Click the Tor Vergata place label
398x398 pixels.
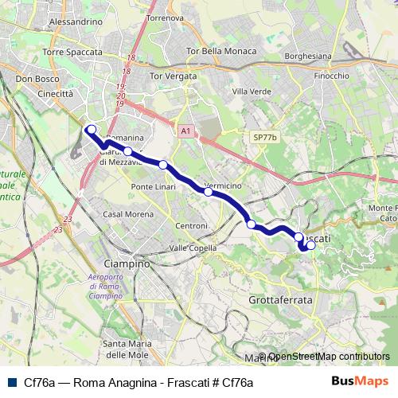[x=173, y=76]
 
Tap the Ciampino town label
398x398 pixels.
[x=127, y=263]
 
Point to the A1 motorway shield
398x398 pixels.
[x=185, y=130]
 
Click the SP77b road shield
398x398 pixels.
[x=264, y=137]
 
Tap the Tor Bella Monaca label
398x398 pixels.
[x=220, y=51]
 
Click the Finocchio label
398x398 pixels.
[x=332, y=76]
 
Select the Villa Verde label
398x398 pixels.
[x=251, y=92]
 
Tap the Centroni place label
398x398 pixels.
[x=192, y=227]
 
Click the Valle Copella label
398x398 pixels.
[x=193, y=248]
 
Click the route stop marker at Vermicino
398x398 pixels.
[x=208, y=191]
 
